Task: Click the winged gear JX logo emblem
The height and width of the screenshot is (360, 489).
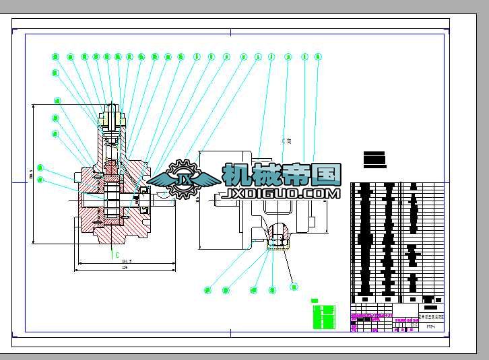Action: click(x=183, y=178)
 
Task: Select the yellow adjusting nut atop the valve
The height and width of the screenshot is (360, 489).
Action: click(x=112, y=120)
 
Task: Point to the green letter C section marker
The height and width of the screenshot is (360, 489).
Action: click(x=116, y=255)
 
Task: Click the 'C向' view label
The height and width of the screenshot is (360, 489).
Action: click(x=287, y=141)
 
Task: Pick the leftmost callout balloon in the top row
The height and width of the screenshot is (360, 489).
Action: click(x=55, y=57)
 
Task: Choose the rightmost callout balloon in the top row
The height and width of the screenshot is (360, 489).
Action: click(x=319, y=57)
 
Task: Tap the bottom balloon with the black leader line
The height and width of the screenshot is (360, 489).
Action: click(x=294, y=287)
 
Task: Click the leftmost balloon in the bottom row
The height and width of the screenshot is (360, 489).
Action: click(x=207, y=290)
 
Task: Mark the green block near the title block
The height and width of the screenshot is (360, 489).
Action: click(x=324, y=316)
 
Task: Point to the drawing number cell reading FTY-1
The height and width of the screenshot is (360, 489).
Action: click(x=430, y=327)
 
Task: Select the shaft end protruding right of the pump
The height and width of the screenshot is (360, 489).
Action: click(x=166, y=200)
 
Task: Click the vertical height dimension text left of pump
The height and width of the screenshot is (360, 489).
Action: click(x=30, y=176)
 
